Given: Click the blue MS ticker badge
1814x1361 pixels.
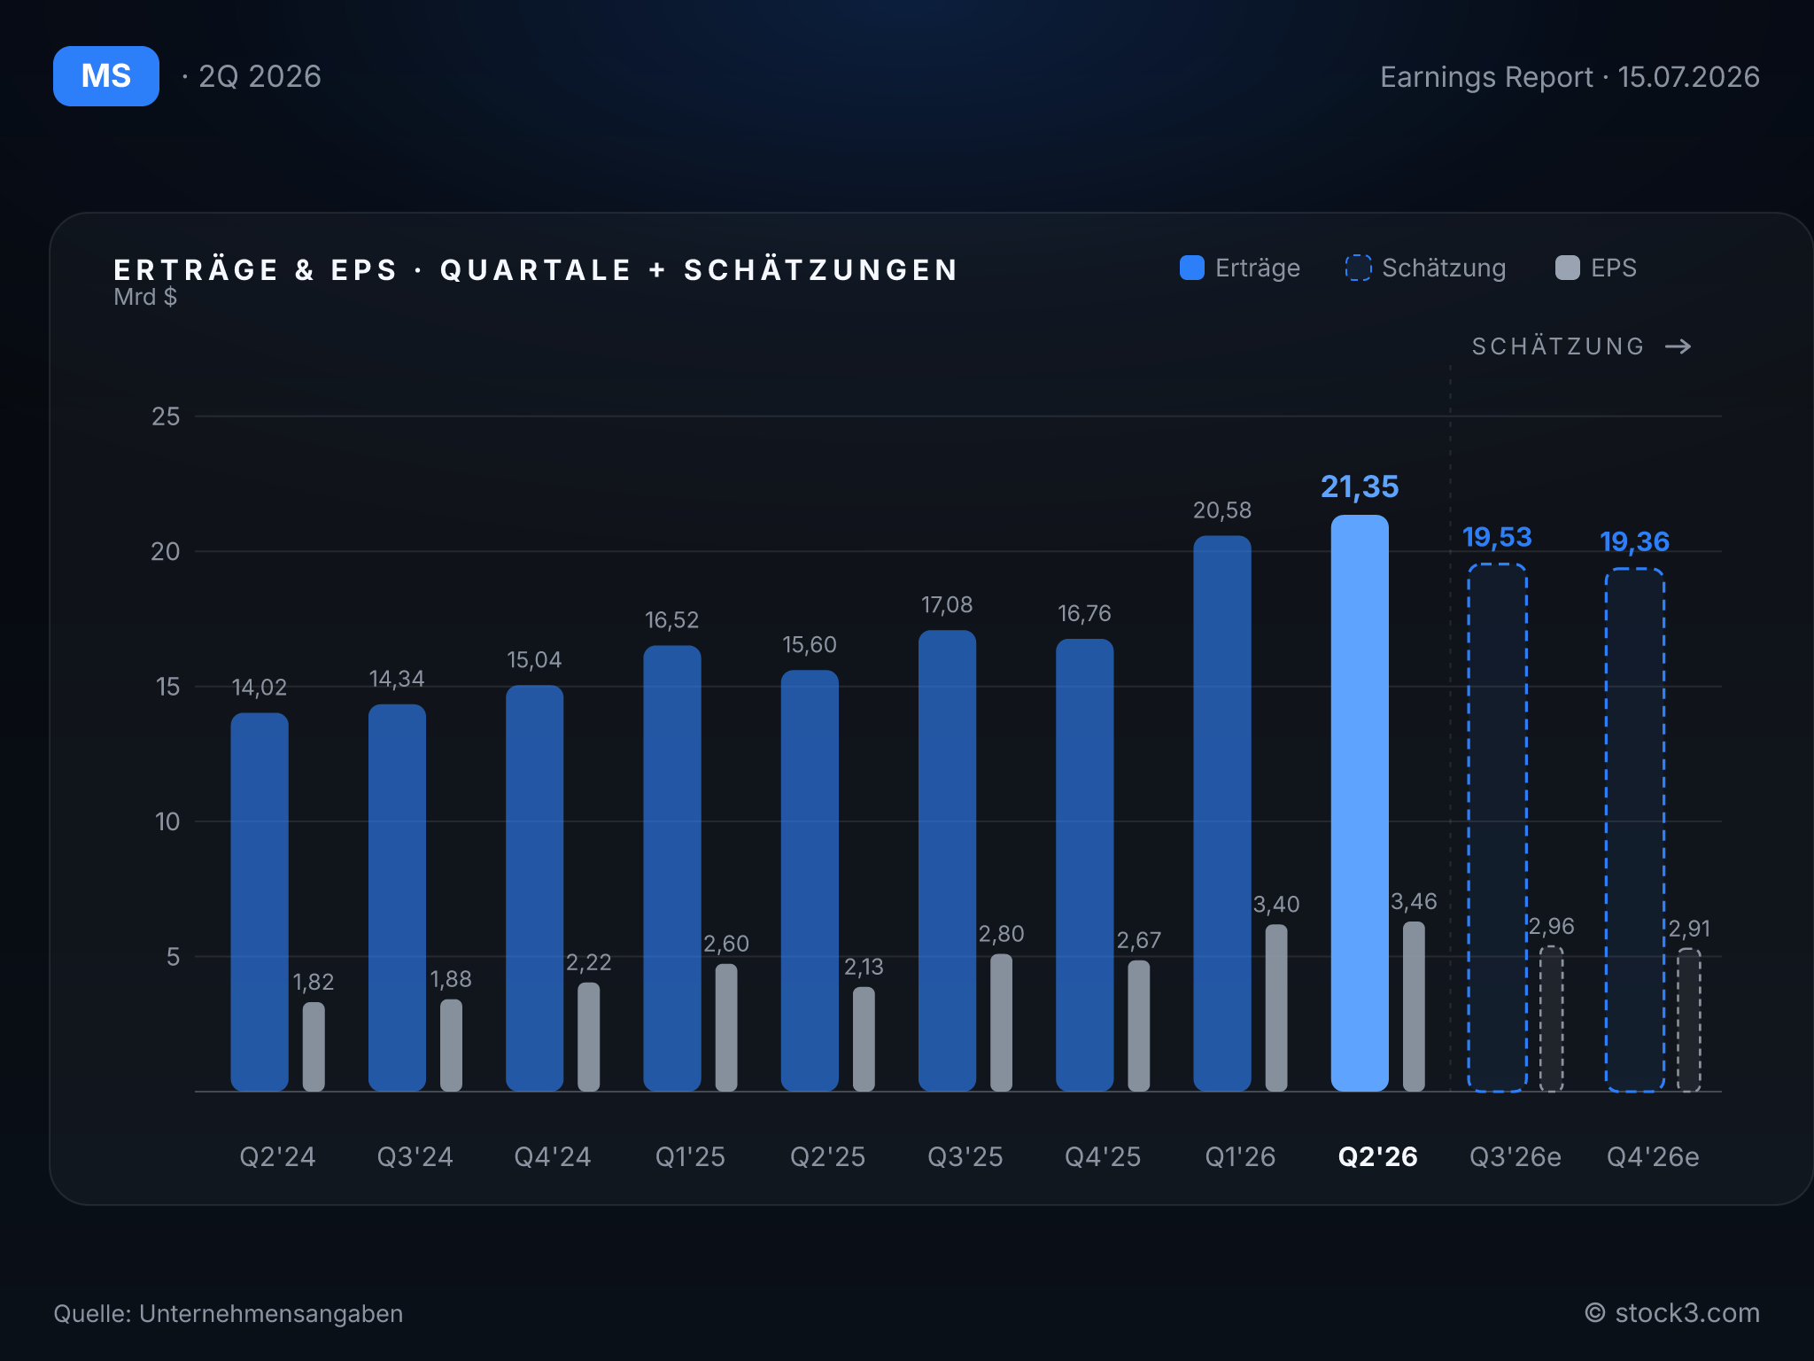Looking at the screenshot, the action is (x=106, y=76).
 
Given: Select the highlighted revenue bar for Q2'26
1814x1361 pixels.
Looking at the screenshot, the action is (x=1360, y=803).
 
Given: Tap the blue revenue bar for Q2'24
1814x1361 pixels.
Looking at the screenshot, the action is (x=260, y=902).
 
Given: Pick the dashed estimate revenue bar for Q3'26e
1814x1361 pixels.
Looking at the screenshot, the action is (x=1497, y=828).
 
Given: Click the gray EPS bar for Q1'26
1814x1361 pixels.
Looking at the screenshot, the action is (x=1276, y=1007).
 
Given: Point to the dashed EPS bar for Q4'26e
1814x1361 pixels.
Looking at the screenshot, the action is (x=1689, y=1020).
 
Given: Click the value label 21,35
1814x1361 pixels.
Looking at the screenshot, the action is (x=1360, y=486).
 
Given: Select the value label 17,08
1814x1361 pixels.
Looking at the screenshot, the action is (x=947, y=605).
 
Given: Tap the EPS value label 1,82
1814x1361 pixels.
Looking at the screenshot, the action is (x=314, y=982).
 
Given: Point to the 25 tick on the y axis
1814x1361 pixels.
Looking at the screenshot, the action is (x=166, y=416).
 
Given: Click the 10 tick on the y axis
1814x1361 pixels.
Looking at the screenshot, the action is (x=167, y=821).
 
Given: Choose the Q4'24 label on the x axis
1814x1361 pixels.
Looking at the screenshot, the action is (x=553, y=1156).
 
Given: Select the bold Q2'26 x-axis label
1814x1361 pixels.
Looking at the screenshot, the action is (x=1377, y=1156).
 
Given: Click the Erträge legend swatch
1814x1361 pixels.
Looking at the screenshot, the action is (x=1192, y=268).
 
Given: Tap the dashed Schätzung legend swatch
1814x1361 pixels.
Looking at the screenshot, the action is (x=1358, y=268).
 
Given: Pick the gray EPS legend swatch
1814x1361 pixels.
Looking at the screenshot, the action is (x=1568, y=268).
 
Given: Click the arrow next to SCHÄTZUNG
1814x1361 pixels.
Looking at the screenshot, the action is (x=1678, y=346).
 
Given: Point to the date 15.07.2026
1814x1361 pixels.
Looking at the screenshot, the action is (x=1689, y=77).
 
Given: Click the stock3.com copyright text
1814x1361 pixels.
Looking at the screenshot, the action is (x=1672, y=1313).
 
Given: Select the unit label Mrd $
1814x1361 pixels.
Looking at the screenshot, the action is (x=145, y=297).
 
